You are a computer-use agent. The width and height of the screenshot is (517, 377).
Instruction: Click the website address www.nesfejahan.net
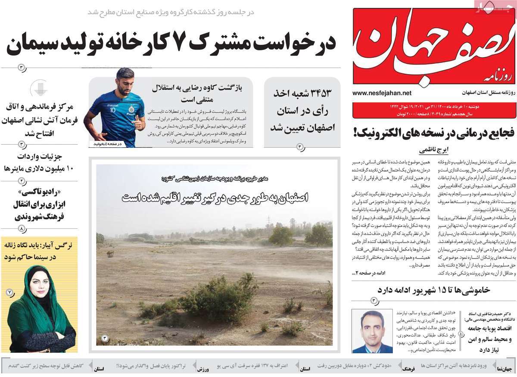(381, 93)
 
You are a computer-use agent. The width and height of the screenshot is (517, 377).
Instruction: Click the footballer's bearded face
(125, 84)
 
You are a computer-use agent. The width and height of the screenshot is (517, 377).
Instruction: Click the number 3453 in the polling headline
(318, 93)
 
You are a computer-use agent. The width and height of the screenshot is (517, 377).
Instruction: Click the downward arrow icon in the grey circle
(39, 88)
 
